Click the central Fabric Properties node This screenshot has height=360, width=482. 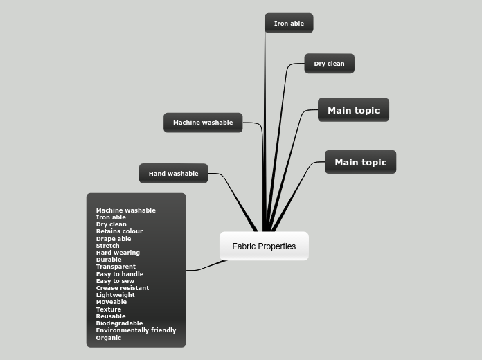264,246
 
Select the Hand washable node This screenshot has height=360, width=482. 173,174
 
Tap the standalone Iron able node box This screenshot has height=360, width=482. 289,24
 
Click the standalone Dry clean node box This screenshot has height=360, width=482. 329,64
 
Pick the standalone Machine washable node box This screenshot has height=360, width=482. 203,123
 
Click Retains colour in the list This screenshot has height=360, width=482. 119,231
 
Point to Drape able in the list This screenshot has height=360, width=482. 114,239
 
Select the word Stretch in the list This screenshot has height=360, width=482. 107,246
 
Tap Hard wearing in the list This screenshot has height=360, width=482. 118,253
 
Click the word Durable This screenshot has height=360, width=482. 109,260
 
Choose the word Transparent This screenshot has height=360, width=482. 116,267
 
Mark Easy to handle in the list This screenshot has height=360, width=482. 120,274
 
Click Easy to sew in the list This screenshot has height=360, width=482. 115,281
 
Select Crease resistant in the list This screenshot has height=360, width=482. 123,288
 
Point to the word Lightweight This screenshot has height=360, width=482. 116,295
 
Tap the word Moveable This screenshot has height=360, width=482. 111,302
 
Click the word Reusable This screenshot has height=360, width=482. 111,316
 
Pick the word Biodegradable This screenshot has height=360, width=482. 119,323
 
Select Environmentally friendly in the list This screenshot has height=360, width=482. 136,330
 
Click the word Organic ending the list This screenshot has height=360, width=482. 109,338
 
